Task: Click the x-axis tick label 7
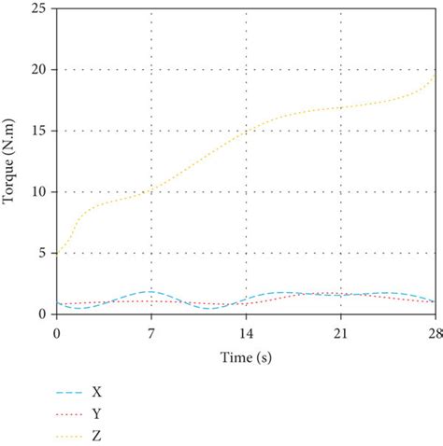pos(150,331)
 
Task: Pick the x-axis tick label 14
pos(246,331)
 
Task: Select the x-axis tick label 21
pos(340,331)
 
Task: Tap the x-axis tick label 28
pos(432,331)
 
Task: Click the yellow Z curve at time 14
pos(246,132)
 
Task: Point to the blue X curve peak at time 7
pos(150,291)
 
